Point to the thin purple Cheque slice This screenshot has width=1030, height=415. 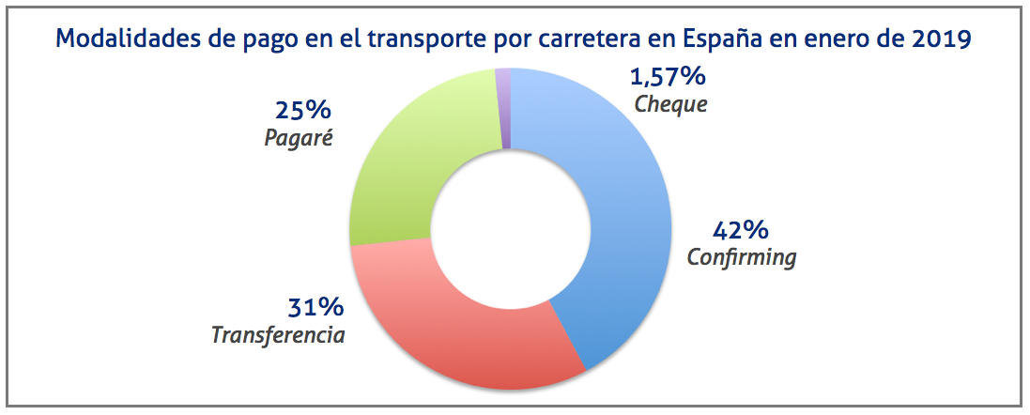pos(503,108)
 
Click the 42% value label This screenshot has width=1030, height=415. pos(741,229)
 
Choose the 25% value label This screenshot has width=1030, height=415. pos(303,110)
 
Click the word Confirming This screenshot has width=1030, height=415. pos(742,257)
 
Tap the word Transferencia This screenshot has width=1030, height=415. pos(279,335)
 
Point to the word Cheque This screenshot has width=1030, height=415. pos(670,103)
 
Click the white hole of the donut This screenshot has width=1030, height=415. pos(510,229)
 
